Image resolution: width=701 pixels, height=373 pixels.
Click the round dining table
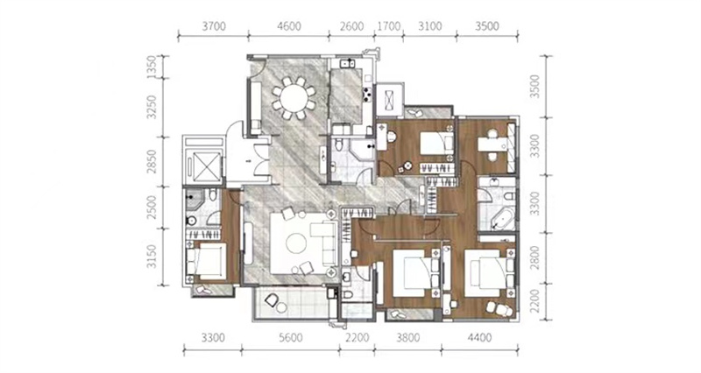[294, 98]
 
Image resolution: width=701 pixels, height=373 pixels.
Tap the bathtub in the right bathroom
[501, 219]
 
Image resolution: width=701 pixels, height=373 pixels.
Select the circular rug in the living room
[296, 244]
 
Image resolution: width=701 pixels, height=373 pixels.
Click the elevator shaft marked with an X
[204, 167]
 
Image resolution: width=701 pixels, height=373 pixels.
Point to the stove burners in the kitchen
[367, 94]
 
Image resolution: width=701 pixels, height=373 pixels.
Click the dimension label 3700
[214, 26]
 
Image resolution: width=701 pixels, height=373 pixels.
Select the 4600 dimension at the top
[289, 26]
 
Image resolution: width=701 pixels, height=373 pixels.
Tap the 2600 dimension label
[351, 26]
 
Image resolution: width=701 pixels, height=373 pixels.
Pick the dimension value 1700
[389, 26]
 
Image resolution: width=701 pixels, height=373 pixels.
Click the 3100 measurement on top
[429, 26]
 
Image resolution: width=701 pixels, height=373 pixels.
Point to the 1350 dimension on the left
[152, 67]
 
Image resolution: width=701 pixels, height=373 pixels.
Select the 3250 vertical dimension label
[152, 107]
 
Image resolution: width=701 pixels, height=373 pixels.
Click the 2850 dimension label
[152, 162]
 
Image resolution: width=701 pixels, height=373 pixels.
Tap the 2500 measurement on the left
[152, 208]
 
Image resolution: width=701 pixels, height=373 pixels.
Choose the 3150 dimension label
[152, 257]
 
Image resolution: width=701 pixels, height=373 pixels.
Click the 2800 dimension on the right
[535, 257]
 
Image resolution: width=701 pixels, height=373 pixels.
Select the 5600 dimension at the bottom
[291, 338]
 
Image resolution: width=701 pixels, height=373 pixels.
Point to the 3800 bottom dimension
[407, 338]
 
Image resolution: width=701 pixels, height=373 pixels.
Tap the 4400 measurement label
[479, 338]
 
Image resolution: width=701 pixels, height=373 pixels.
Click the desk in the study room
[492, 144]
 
